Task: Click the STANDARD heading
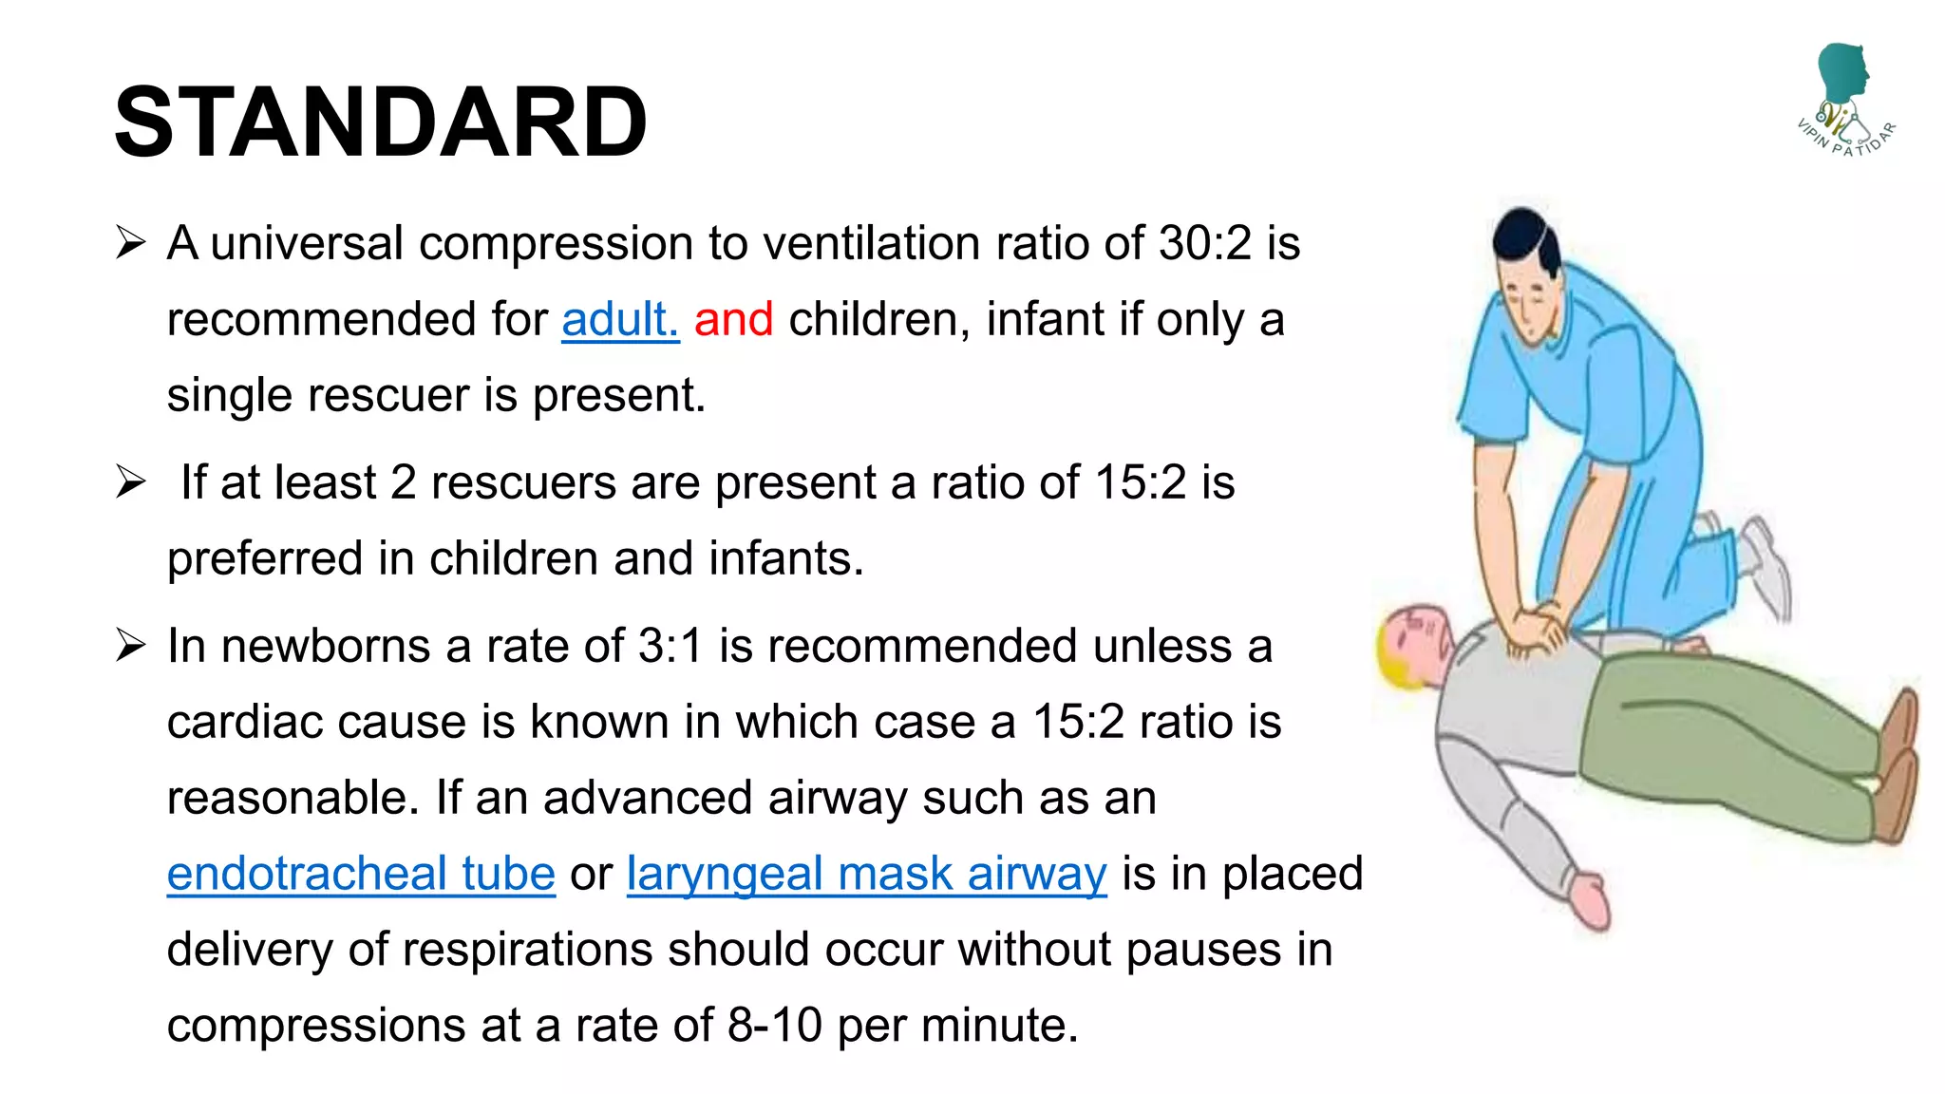click(x=380, y=122)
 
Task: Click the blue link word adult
click(x=619, y=319)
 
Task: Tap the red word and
click(x=733, y=319)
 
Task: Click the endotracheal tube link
click(x=361, y=874)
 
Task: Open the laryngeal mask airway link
click(x=866, y=874)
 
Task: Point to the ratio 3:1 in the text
click(x=670, y=646)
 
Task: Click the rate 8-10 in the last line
click(x=775, y=1026)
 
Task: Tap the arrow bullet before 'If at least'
click(x=130, y=481)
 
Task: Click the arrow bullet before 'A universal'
click(x=130, y=242)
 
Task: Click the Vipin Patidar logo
click(x=1845, y=100)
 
